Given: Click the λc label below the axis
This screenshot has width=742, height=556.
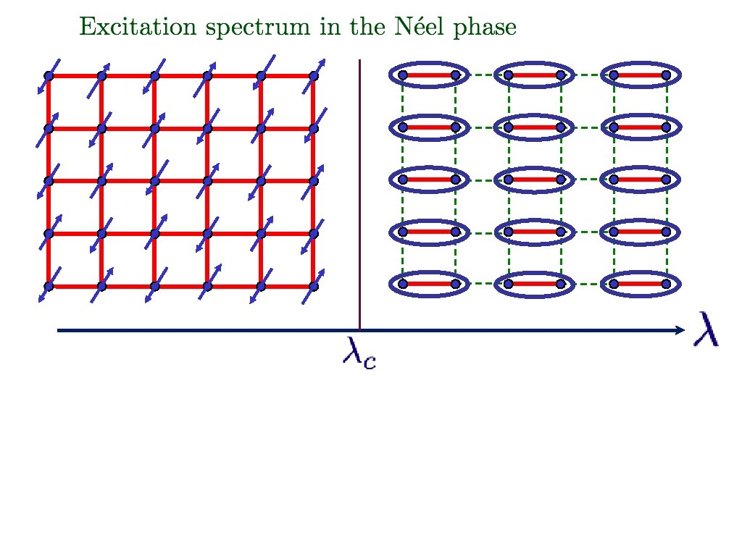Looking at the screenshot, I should tap(359, 354).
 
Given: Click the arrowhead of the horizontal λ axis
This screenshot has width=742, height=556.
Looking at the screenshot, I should tap(680, 331).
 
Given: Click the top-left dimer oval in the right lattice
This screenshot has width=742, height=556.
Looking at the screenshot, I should tap(429, 75).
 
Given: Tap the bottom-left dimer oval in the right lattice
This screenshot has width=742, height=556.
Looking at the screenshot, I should tap(429, 285).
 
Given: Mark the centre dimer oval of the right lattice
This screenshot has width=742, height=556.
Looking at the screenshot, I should tap(534, 180).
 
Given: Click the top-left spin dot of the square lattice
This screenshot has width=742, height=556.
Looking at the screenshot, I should tap(49, 75).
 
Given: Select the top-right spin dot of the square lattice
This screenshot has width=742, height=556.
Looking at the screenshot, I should tap(314, 75).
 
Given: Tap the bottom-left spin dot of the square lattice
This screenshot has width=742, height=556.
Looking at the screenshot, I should tap(49, 287).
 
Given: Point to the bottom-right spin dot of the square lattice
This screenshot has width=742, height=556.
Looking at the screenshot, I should tap(314, 287).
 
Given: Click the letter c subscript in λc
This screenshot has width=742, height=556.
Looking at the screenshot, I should tap(369, 360).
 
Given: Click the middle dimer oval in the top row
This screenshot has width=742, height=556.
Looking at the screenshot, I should tap(534, 75).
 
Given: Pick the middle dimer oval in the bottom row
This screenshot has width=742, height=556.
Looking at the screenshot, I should tap(534, 285).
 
